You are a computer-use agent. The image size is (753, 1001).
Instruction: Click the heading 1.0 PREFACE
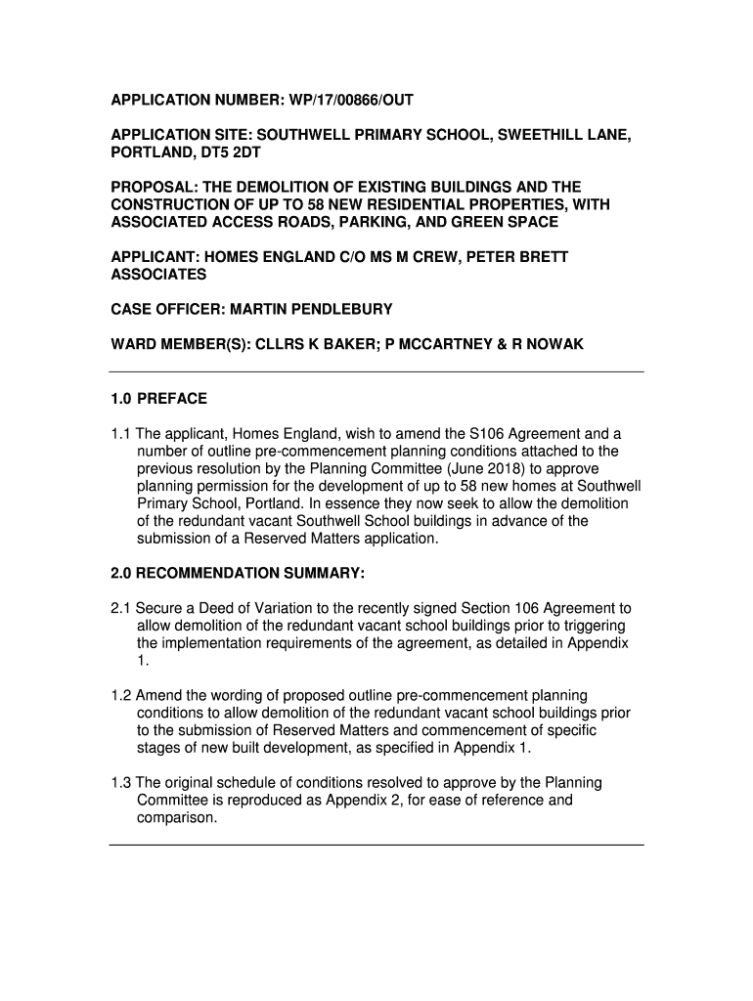[x=158, y=399]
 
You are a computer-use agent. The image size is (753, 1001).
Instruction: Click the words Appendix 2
[x=364, y=801]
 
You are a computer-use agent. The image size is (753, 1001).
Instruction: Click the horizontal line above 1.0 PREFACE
[x=376, y=371]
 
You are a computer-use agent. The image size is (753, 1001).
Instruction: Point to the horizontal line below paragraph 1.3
[x=376, y=845]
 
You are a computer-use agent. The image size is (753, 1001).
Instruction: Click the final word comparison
[x=175, y=818]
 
